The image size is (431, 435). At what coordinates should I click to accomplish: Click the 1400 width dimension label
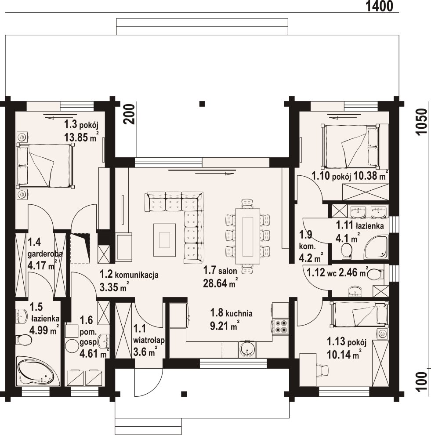[x=380, y=6]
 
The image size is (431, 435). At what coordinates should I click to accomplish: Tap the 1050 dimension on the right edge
[x=421, y=122]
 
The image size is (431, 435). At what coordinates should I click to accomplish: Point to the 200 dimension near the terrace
[x=129, y=114]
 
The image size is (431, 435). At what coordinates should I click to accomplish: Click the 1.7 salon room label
[x=220, y=270]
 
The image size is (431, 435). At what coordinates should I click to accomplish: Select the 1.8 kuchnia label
[x=231, y=313]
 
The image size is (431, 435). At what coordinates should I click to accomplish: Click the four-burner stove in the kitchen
[x=280, y=326]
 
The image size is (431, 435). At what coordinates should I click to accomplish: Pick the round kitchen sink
[x=246, y=349]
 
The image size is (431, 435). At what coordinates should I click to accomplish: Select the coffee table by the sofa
[x=164, y=240]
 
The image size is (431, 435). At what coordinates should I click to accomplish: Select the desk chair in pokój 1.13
[x=322, y=370]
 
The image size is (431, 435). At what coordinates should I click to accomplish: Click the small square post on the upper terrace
[x=202, y=104]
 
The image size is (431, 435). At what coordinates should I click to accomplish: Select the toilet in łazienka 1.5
[x=24, y=339]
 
